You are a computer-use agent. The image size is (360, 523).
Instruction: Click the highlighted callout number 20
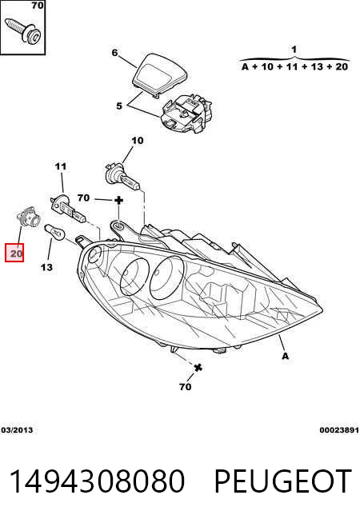(x=14, y=254)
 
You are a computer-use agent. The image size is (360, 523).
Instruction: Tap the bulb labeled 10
(x=122, y=177)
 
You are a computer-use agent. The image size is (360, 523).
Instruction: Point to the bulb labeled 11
(x=68, y=209)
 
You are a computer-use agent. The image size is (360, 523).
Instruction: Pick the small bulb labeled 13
(x=57, y=232)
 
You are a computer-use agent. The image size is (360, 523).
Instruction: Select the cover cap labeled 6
(x=159, y=74)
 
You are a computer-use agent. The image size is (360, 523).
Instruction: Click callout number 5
(x=119, y=106)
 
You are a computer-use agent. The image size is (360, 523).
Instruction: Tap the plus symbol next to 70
(x=119, y=200)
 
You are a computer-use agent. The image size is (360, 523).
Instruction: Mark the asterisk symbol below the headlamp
(x=198, y=368)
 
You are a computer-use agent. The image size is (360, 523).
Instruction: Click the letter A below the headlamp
(x=286, y=356)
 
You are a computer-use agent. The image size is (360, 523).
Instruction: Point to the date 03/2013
(x=17, y=430)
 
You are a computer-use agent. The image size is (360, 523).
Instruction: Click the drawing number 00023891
(x=338, y=430)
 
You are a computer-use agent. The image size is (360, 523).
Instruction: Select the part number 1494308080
(x=97, y=481)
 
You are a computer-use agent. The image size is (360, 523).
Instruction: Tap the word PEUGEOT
(x=282, y=481)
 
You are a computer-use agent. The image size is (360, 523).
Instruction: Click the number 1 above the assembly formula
(x=294, y=50)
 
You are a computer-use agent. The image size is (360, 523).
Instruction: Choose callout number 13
(x=46, y=267)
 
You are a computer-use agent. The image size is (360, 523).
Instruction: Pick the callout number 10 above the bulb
(x=137, y=141)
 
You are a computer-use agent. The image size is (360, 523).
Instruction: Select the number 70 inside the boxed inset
(x=38, y=6)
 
